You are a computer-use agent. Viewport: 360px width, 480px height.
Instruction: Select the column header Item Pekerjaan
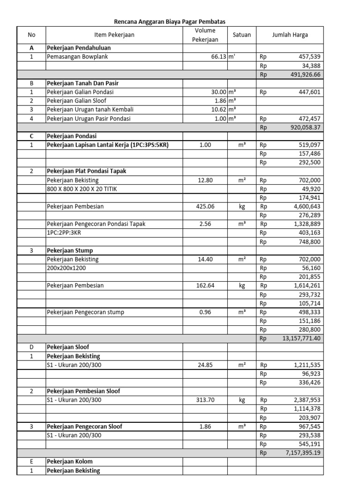[114, 35]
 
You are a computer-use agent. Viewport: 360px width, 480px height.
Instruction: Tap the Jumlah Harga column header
[290, 35]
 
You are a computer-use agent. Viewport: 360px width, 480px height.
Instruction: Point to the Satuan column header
[241, 35]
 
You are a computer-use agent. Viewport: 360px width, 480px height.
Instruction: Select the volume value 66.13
[219, 57]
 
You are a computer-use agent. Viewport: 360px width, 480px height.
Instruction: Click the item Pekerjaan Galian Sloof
[76, 101]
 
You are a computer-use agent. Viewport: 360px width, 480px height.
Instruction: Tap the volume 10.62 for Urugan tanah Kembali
[219, 110]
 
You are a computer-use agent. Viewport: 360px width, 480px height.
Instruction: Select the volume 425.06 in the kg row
[205, 206]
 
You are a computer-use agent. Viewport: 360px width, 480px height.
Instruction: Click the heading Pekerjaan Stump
[69, 250]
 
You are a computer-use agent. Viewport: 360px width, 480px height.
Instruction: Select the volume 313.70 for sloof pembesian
[205, 400]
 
